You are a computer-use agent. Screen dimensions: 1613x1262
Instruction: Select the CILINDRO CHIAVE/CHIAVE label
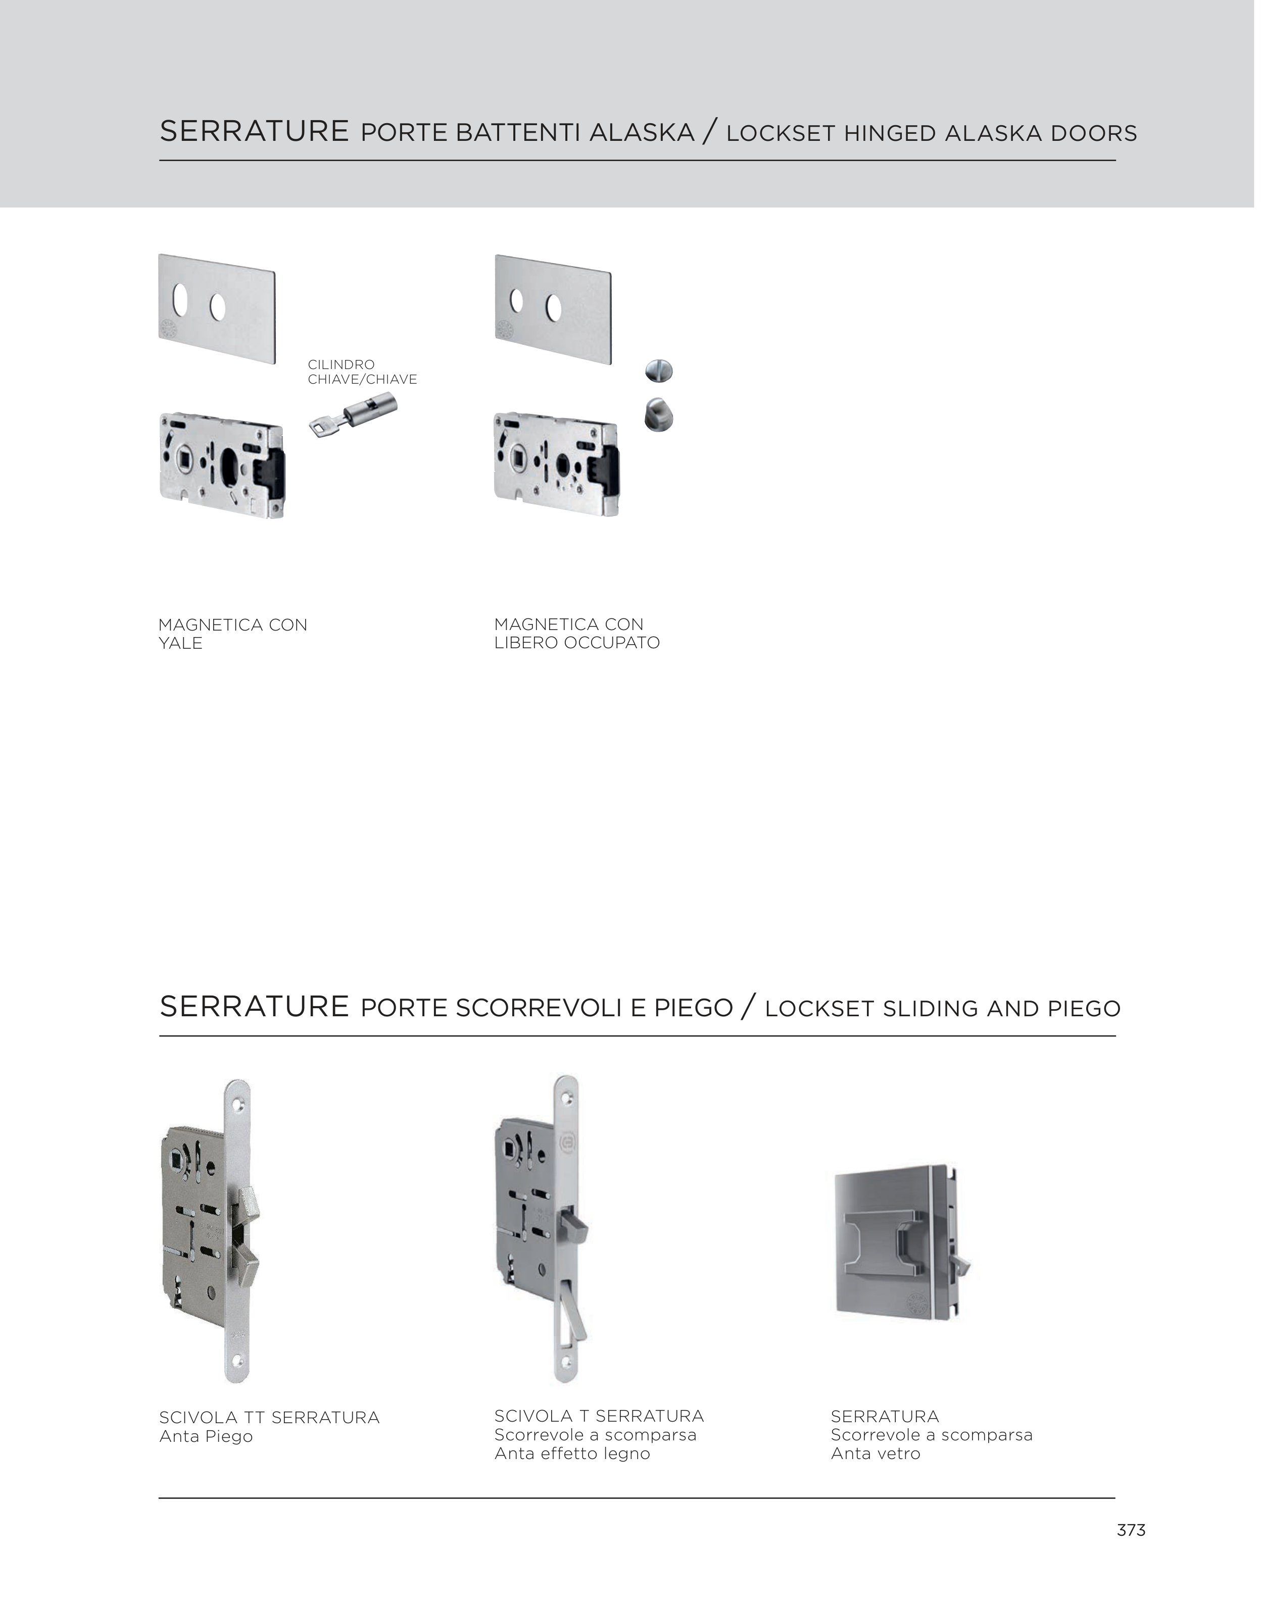pyautogui.click(x=362, y=372)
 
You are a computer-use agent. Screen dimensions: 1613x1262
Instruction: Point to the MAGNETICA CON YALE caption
pyautogui.click(x=233, y=634)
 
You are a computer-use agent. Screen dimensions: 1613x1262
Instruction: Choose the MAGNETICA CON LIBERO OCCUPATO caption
pyautogui.click(x=576, y=634)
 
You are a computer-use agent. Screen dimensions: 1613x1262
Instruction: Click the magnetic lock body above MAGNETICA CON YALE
pyautogui.click(x=222, y=465)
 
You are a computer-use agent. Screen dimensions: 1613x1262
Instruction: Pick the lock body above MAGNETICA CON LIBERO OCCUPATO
pyautogui.click(x=556, y=464)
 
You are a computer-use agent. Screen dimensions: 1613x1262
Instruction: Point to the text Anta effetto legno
pyautogui.click(x=572, y=1453)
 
